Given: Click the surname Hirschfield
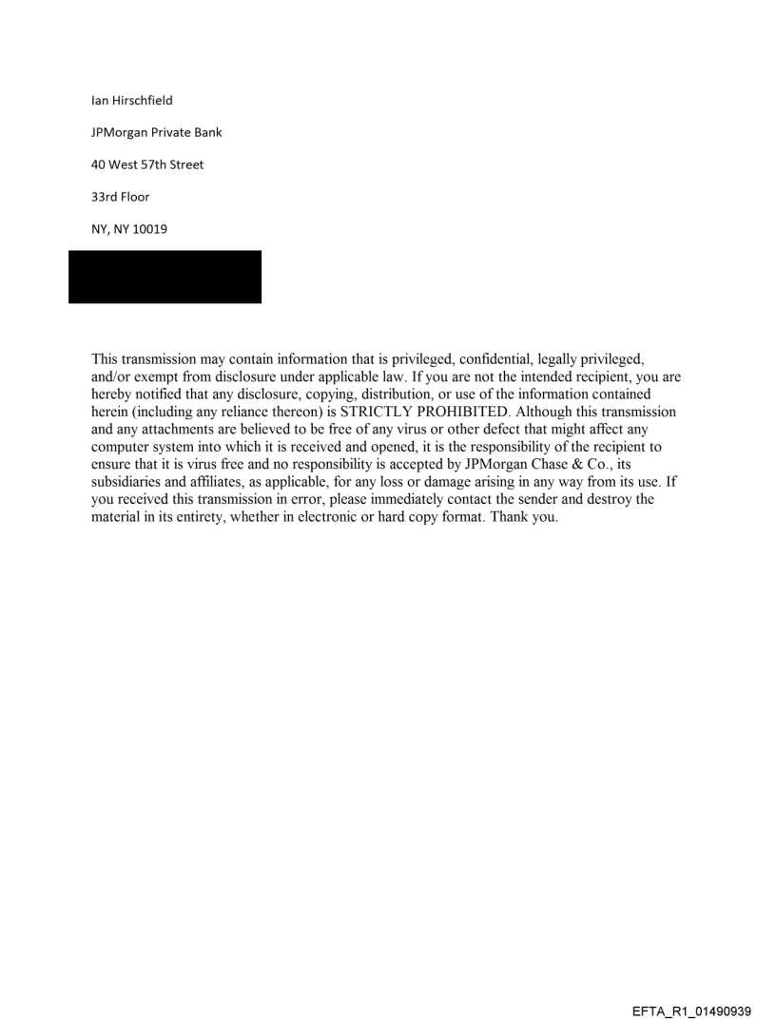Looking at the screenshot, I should pyautogui.click(x=142, y=101).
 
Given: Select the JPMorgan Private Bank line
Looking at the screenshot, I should pyautogui.click(x=157, y=132).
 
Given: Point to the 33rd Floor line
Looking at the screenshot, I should pyautogui.click(x=120, y=197).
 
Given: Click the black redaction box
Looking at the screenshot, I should pyautogui.click(x=165, y=277).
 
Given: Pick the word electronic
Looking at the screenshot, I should pyautogui.click(x=335, y=515).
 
